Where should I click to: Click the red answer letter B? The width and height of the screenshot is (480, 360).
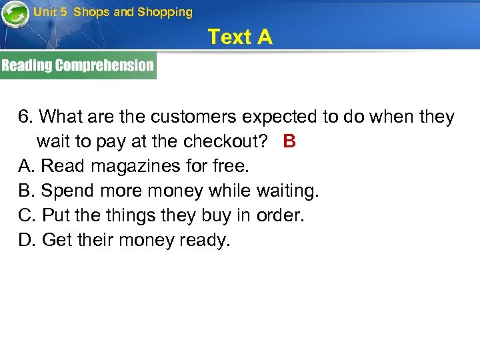[x=289, y=141]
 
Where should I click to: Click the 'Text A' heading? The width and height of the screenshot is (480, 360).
[x=240, y=37]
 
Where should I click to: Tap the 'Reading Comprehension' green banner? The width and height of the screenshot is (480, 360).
[x=78, y=65]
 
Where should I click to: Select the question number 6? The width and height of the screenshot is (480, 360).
[x=25, y=117]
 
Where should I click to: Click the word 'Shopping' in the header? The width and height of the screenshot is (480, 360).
[x=165, y=12]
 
